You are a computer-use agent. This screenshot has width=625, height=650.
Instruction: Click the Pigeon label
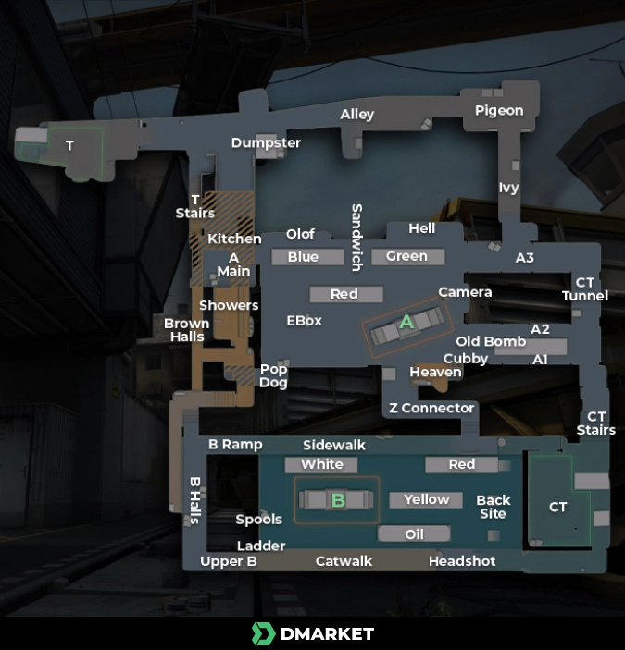pos(499,110)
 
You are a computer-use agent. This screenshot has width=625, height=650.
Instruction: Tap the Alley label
pos(357,114)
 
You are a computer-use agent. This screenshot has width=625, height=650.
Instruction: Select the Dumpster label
pos(266,142)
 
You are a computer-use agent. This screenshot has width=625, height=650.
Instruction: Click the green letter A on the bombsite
pos(406,323)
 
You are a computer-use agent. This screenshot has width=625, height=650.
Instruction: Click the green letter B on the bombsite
pos(338,500)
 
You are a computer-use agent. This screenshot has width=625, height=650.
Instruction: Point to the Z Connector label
pos(431,408)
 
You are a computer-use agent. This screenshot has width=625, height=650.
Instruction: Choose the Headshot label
pos(462,561)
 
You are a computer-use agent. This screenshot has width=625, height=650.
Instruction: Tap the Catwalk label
pos(344,561)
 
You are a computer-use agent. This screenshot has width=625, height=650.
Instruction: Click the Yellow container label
pos(426,499)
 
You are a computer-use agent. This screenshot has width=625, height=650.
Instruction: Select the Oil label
pos(414,534)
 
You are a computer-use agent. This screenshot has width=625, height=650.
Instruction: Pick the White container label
pos(322,464)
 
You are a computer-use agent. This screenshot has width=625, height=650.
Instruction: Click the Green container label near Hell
pos(406,256)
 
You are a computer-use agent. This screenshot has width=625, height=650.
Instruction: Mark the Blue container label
pos(303,257)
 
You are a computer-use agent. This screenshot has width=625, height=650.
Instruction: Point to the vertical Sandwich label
pos(356,238)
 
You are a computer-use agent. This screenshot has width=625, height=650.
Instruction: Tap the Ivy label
pos(509,188)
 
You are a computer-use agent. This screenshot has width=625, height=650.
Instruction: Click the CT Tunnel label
pos(585,289)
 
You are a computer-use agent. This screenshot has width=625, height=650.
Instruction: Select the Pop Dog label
pos(273,375)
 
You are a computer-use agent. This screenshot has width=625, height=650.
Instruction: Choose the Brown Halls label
pos(187,330)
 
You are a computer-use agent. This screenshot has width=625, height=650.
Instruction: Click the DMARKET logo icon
pos(264,633)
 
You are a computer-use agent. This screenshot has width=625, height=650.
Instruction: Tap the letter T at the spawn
pos(69,146)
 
